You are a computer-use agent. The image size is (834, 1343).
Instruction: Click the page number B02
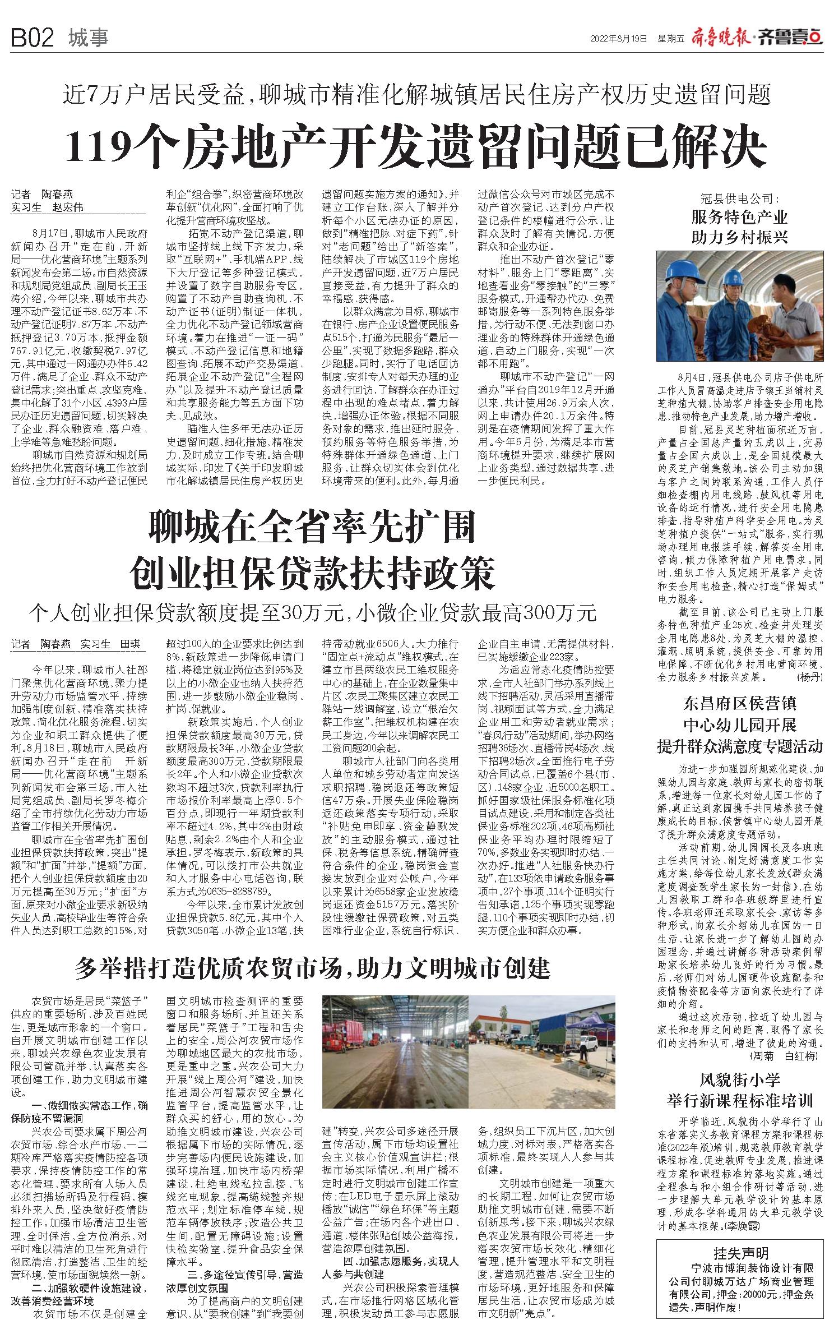tap(32, 38)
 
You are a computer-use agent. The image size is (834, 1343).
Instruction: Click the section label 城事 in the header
tap(88, 38)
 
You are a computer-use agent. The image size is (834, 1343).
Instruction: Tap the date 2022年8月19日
tap(619, 39)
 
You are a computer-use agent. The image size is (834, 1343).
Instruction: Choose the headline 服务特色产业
tap(740, 217)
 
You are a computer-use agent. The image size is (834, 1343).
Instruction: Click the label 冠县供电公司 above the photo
tap(740, 198)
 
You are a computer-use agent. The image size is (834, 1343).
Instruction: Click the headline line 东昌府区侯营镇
tap(739, 703)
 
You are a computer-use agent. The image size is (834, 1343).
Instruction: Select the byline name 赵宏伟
tap(68, 207)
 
